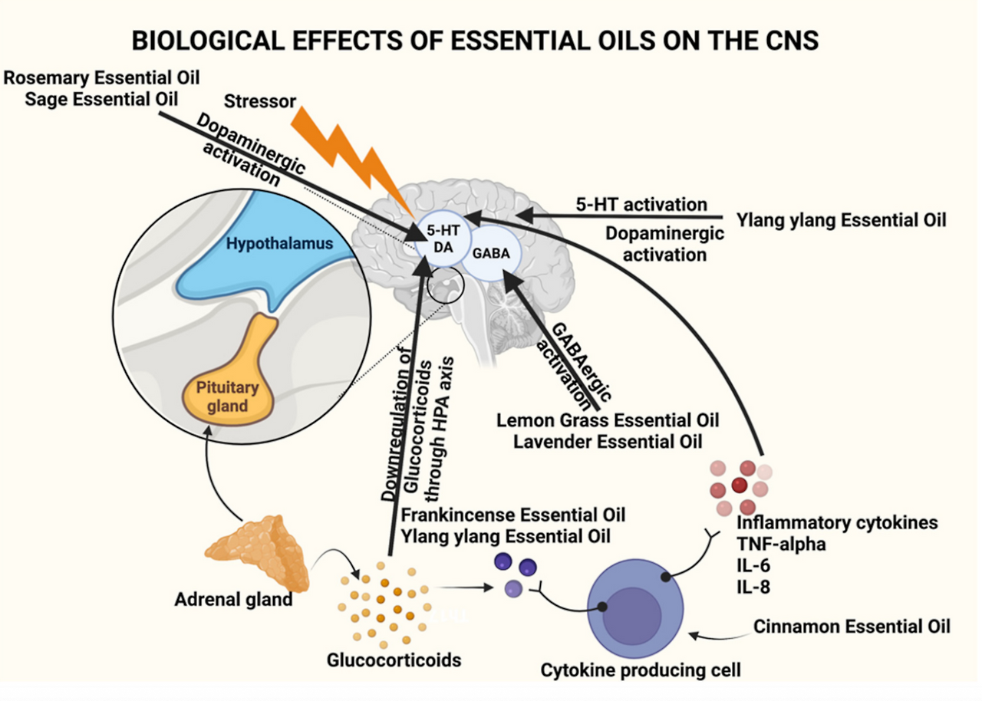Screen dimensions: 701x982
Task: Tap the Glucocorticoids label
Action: pyautogui.click(x=394, y=660)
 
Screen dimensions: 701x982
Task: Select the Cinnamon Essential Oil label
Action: pyautogui.click(x=852, y=627)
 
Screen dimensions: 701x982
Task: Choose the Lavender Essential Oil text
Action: pyautogui.click(x=608, y=442)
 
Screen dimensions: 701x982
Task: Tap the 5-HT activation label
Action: pyautogui.click(x=641, y=204)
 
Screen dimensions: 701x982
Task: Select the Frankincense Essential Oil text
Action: pyautogui.click(x=513, y=514)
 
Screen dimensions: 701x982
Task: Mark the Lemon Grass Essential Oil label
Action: pyautogui.click(x=608, y=420)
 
